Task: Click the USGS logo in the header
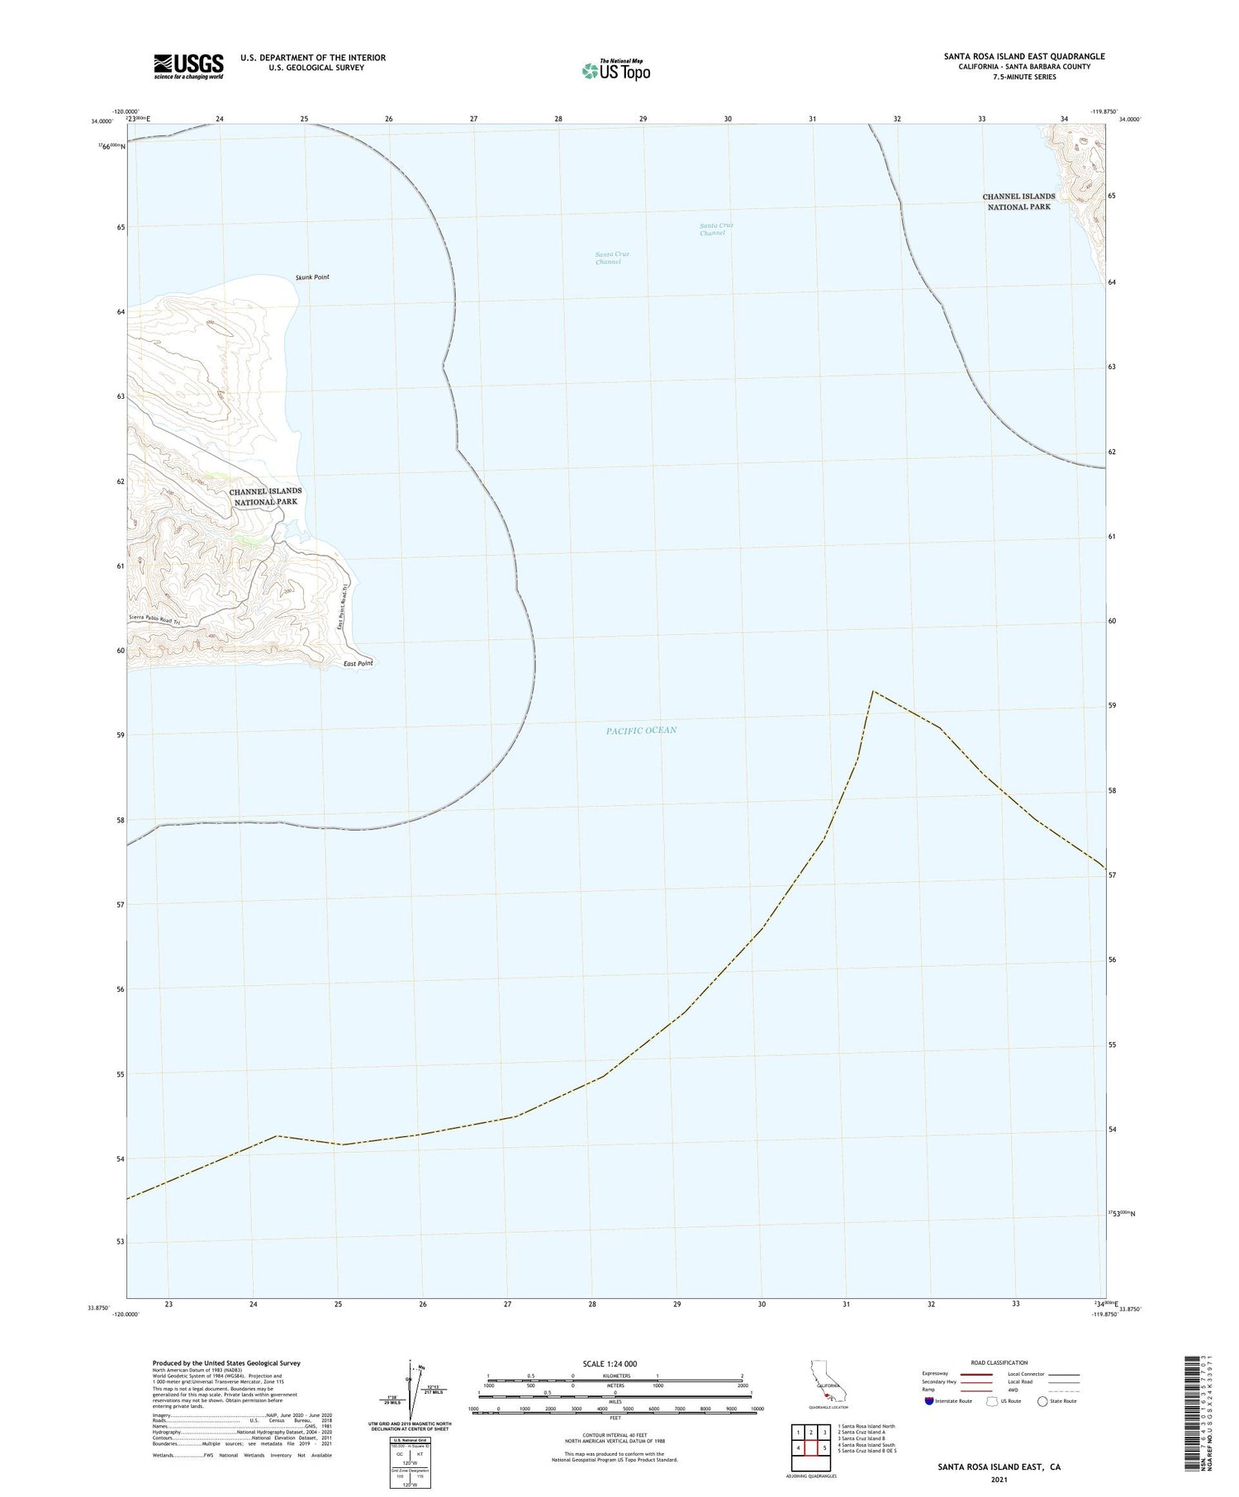tap(188, 66)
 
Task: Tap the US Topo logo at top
tap(615, 70)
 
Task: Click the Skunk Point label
tap(312, 277)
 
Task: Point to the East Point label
tap(358, 664)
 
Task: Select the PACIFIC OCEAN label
tap(641, 730)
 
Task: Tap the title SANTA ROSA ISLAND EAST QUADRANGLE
tap(1024, 56)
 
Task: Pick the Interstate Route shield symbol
tap(929, 1401)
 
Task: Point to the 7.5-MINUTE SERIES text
tap(1024, 77)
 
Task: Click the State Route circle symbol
tap(1042, 1401)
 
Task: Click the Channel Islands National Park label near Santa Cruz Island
tap(1018, 201)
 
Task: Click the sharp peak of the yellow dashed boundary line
tap(873, 690)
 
